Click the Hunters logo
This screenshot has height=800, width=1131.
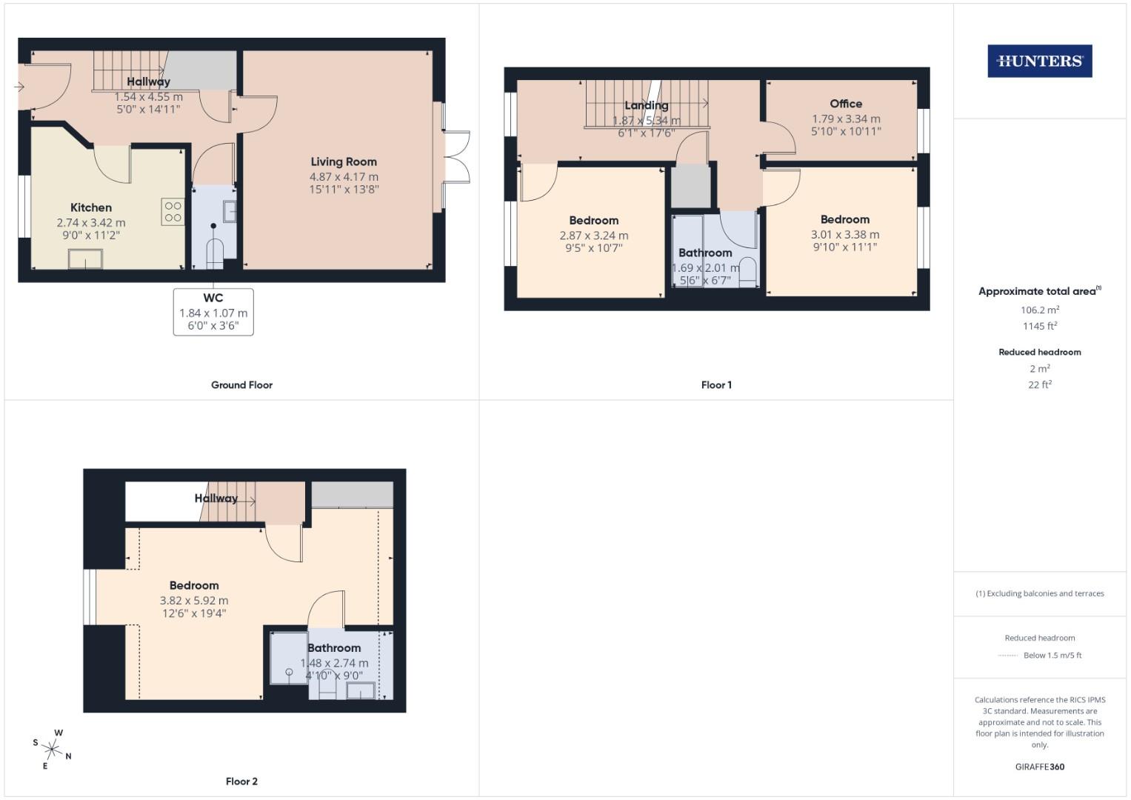click(1039, 61)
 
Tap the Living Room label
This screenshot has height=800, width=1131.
click(344, 161)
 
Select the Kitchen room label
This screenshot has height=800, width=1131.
click(91, 207)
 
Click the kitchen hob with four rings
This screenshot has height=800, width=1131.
click(173, 212)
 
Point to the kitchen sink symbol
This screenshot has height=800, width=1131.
click(85, 259)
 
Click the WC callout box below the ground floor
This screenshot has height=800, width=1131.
click(213, 312)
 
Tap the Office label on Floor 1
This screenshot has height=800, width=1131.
click(846, 104)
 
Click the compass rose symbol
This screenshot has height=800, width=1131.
click(53, 749)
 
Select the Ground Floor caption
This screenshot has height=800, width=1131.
click(241, 385)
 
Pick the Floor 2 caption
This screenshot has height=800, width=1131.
click(241, 781)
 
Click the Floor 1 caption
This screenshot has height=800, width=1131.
click(716, 385)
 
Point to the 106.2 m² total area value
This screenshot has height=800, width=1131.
click(1039, 310)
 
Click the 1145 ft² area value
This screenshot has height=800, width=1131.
click(1039, 326)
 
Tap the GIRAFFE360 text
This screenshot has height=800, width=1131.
click(1039, 767)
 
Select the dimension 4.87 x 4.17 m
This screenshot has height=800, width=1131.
click(344, 177)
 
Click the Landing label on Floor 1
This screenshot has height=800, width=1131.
click(646, 105)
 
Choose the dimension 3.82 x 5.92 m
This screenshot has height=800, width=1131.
click(194, 601)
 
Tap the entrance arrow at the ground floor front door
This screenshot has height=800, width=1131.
click(19, 87)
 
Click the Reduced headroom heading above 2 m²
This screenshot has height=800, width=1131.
click(1039, 352)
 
